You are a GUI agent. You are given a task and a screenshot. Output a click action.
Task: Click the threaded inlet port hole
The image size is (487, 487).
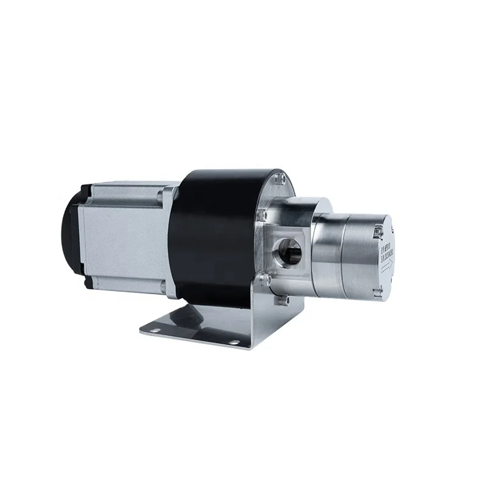tap(286, 249)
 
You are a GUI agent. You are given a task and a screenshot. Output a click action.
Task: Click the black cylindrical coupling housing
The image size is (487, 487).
tap(210, 237)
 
